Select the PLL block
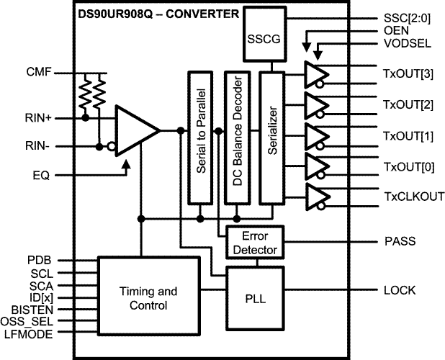(255, 289)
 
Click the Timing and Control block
(147, 298)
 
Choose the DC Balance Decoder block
(238, 137)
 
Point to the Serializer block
(271, 137)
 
